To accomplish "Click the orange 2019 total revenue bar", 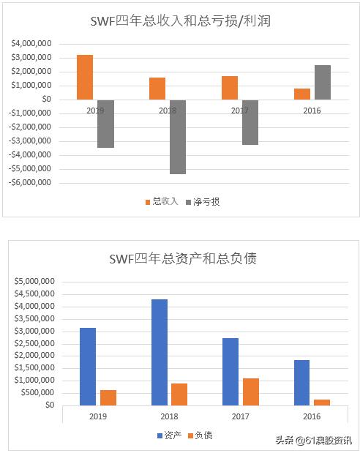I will click(x=85, y=77).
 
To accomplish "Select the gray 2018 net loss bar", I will click(x=178, y=136).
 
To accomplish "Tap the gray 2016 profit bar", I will click(x=323, y=82).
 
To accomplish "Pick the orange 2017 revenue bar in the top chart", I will click(x=230, y=87).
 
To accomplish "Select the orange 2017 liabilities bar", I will click(x=251, y=392).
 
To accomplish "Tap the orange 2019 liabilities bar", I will click(x=108, y=397).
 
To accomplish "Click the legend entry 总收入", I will click(x=160, y=201).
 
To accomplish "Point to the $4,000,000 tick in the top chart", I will click(x=31, y=44).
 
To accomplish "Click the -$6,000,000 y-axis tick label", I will click(x=30, y=182).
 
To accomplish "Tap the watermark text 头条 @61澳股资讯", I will click(x=313, y=440).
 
